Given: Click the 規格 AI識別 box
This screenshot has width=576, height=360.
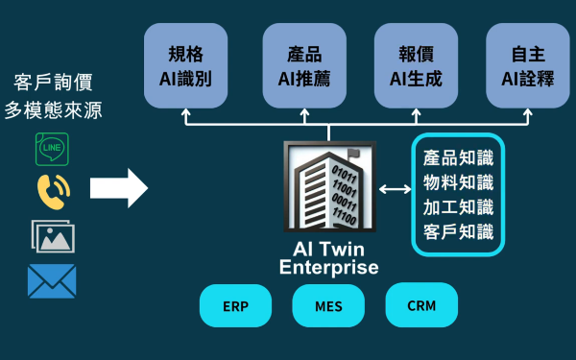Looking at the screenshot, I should (184, 65).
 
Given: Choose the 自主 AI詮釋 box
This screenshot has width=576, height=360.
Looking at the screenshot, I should (527, 65).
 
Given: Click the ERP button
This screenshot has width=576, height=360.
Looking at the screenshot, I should (236, 306).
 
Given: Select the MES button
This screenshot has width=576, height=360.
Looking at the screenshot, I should (328, 306).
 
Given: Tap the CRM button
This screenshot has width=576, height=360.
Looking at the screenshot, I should (421, 306).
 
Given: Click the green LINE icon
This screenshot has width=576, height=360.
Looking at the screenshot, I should (52, 150).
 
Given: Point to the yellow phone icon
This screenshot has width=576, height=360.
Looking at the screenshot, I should (52, 192).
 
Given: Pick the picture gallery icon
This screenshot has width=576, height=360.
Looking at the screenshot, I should (52, 235).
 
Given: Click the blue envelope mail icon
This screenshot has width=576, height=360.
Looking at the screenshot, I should (52, 281).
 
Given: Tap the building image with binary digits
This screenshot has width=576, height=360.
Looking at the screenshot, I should (329, 186).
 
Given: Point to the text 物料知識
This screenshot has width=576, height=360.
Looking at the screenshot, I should (458, 182).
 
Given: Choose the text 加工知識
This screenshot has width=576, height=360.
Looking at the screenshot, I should (458, 206).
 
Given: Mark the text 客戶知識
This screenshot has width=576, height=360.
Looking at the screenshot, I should (458, 231).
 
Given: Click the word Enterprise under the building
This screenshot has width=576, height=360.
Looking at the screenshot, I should (328, 268).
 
